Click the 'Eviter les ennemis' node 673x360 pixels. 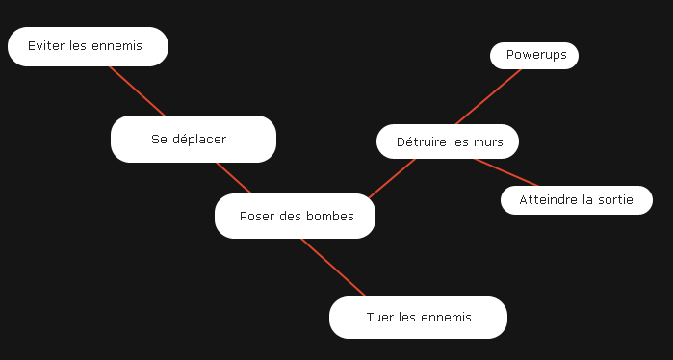[x=88, y=46]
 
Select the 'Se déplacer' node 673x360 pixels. [x=193, y=139]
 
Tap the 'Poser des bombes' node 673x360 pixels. [x=295, y=216]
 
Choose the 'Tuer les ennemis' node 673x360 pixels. [x=418, y=318]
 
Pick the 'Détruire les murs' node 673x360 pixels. [x=448, y=141]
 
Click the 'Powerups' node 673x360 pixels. [x=534, y=56]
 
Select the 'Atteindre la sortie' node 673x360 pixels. [x=576, y=200]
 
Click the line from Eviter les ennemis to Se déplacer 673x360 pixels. [x=137, y=90]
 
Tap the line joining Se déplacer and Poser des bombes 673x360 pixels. [x=234, y=178]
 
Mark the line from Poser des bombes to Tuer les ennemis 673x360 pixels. [x=333, y=268]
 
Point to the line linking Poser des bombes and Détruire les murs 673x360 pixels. [x=393, y=178]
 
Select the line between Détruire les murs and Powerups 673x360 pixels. [x=487, y=96]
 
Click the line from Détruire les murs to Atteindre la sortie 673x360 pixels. [x=507, y=171]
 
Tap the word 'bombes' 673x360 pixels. [x=330, y=217]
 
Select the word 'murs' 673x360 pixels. [x=489, y=142]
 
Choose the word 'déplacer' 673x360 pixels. [x=199, y=140]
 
